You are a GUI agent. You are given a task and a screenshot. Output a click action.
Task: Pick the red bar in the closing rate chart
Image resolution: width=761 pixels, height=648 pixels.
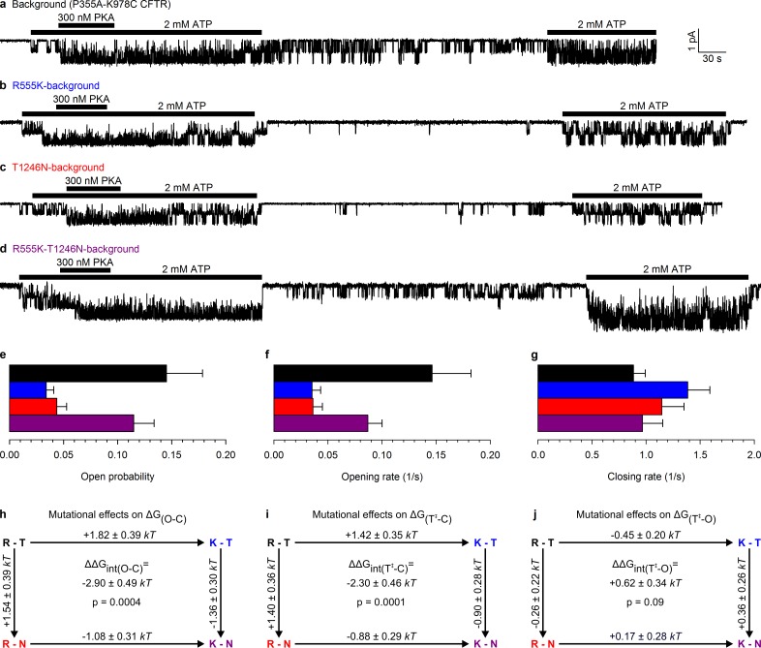coord(598,406)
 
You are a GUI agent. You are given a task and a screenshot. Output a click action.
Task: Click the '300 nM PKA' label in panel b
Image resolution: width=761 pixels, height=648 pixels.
coord(81,99)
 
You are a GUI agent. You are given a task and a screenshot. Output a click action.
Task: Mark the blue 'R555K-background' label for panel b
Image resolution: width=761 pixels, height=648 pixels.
coord(55,86)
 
